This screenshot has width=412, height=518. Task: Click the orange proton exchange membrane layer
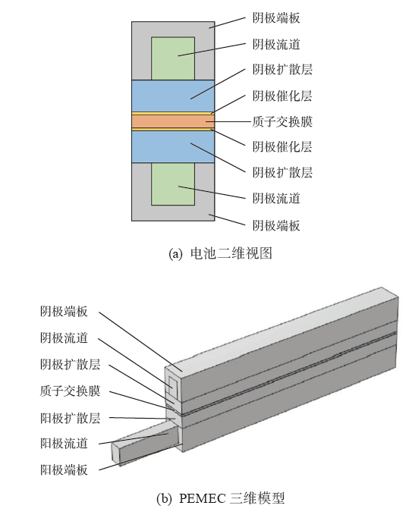tap(173, 121)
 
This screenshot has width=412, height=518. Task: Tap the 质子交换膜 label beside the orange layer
tap(282, 121)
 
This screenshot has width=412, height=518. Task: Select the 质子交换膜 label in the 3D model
tap(70, 391)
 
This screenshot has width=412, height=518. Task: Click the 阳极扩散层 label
tap(70, 418)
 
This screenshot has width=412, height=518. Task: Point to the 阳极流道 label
tap(64, 444)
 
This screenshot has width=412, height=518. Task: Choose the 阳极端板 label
tap(64, 469)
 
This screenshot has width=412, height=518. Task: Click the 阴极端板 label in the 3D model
tap(64, 312)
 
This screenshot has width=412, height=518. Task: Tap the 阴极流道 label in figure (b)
tap(64, 338)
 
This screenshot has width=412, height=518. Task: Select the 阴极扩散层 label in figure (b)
tap(70, 364)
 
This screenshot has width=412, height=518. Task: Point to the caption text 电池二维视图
tap(231, 254)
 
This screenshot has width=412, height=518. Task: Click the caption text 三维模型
tap(257, 498)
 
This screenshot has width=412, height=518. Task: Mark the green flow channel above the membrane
tap(173, 58)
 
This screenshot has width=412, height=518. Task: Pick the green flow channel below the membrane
tap(173, 184)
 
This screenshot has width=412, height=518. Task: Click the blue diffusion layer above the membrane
tap(173, 96)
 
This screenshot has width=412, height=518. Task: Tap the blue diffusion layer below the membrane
tap(173, 147)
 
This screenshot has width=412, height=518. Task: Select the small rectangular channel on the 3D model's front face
tap(173, 388)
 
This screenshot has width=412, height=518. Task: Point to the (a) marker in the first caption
tap(175, 254)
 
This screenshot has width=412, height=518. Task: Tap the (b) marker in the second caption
tap(164, 498)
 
